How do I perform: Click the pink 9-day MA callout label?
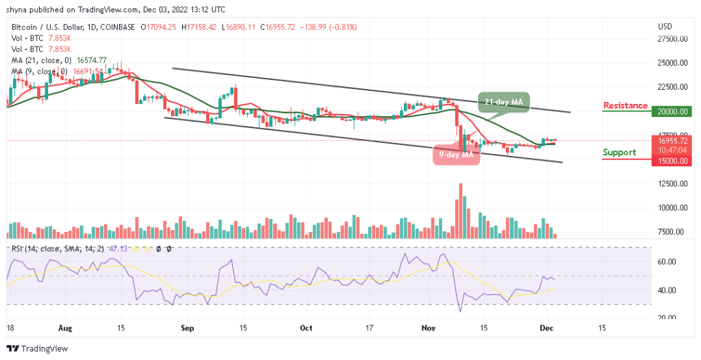(x=457, y=155)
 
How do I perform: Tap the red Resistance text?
(x=625, y=105)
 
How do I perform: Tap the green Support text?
(x=620, y=152)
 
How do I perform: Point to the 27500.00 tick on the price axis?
(x=672, y=39)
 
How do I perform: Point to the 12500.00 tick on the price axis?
(x=672, y=184)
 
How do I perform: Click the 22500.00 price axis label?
(x=672, y=87)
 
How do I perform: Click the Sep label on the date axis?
(x=188, y=328)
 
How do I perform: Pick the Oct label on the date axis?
(x=306, y=328)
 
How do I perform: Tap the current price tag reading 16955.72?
(x=672, y=140)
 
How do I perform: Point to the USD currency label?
(x=665, y=26)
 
